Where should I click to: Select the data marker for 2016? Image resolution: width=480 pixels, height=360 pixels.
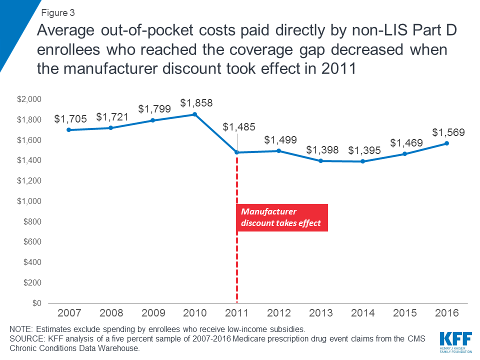(x=447, y=143)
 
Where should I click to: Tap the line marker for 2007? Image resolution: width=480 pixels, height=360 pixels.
(x=68, y=130)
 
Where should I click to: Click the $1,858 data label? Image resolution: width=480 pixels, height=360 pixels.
(x=196, y=103)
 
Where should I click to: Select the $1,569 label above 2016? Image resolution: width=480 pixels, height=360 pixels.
(x=448, y=132)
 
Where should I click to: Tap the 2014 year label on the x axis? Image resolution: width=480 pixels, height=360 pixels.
(x=363, y=313)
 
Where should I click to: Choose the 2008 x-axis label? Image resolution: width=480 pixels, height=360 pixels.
(x=110, y=313)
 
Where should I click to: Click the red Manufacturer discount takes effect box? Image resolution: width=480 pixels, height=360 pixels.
(x=281, y=218)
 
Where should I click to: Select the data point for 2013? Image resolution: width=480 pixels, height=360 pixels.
(x=321, y=161)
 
